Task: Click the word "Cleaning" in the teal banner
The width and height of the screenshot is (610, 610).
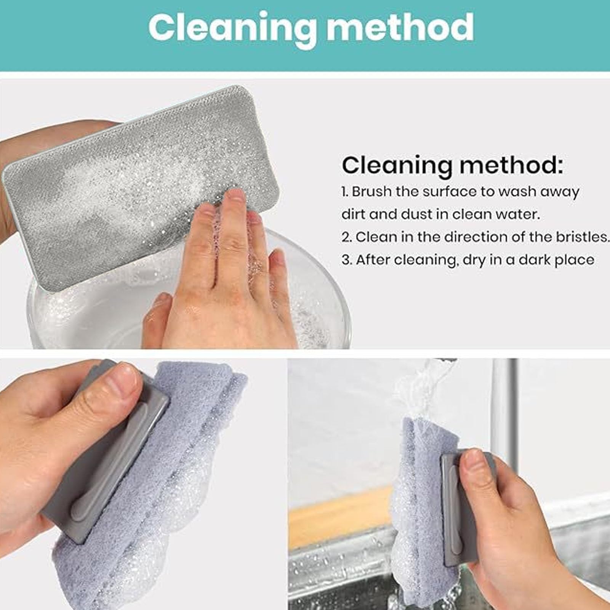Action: coord(231,29)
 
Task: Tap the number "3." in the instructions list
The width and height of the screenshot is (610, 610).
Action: coord(347,260)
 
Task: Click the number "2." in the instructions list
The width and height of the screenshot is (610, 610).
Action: coord(346,237)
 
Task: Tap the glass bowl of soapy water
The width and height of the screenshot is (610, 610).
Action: coord(191,301)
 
